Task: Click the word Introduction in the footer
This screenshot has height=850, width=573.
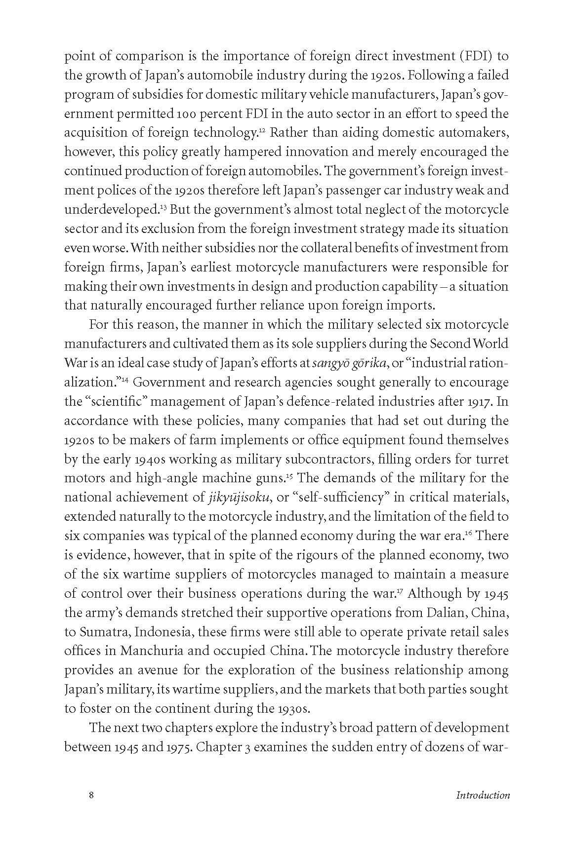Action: [483, 795]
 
